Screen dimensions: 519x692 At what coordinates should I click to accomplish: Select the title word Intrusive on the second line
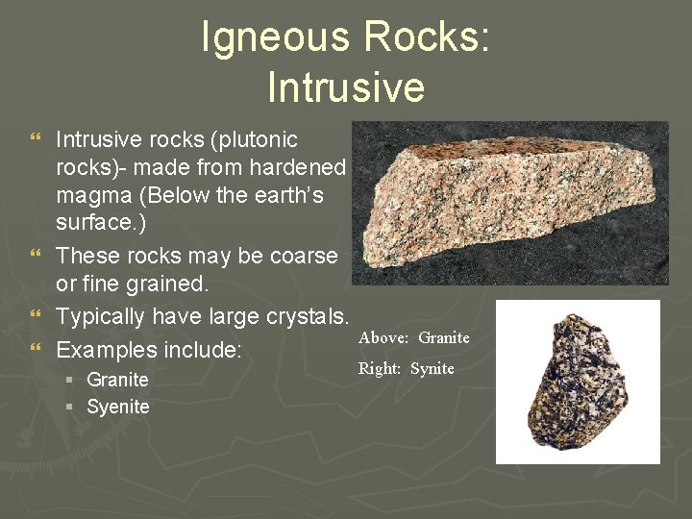pos(346,86)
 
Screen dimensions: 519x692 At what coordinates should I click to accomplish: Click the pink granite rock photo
pos(509,202)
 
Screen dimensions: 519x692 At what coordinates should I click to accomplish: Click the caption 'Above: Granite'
pos(413,337)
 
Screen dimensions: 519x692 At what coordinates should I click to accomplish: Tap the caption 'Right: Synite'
pos(406,368)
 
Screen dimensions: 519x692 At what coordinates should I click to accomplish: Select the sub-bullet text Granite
pos(117,380)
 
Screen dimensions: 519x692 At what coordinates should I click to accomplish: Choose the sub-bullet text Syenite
pos(118,407)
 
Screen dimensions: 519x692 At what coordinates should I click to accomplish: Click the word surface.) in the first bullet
pos(99,224)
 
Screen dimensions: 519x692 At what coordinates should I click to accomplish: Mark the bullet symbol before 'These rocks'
pos(37,257)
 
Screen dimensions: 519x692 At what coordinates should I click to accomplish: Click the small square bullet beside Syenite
pos(71,408)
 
